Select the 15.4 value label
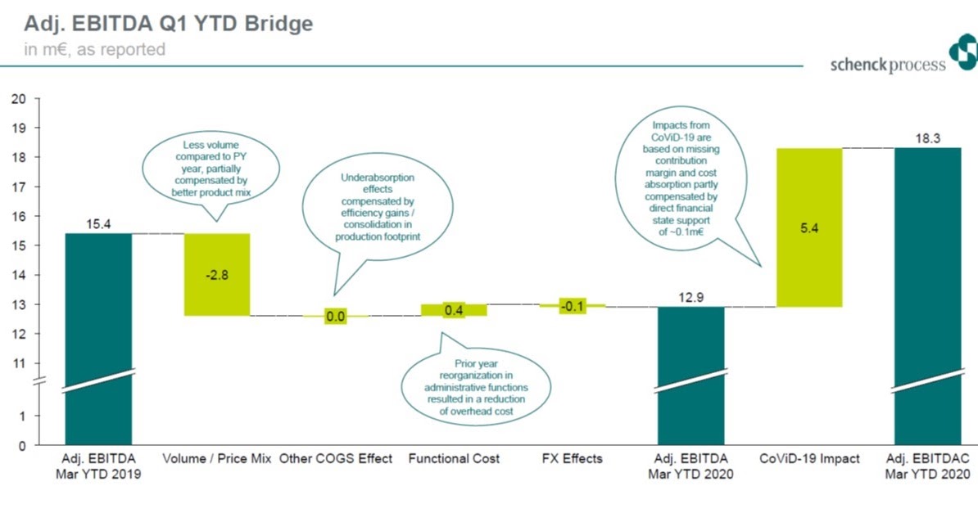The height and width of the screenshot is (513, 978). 99,223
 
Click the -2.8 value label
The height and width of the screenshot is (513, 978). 216,275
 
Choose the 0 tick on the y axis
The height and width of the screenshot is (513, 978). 23,445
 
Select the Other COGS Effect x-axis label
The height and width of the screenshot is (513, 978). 336,458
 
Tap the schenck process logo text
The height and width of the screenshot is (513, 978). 887,65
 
